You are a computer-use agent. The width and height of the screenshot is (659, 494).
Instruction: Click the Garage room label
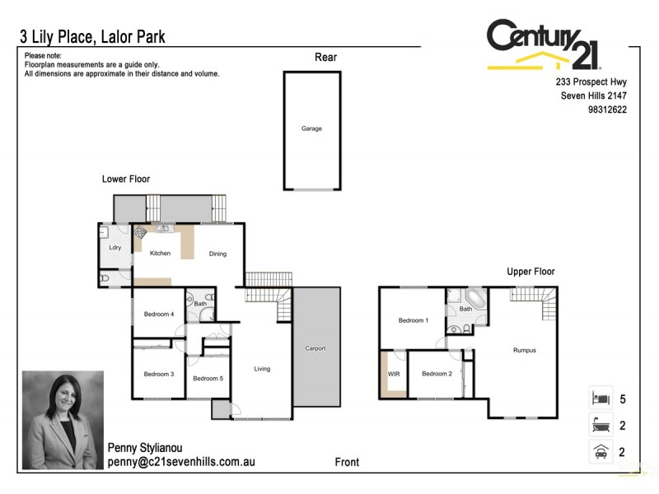pos(311,129)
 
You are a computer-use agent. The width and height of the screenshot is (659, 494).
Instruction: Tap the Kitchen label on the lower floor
pos(160,254)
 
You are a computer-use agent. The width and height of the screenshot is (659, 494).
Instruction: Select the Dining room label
pos(217,254)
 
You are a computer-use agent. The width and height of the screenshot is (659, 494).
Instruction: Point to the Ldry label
pos(115,248)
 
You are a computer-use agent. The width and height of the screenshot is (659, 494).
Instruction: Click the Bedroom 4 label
pos(159,315)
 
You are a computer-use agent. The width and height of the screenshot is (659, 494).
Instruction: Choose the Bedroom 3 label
pos(159,375)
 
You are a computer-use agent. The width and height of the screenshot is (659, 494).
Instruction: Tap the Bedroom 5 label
pos(208,379)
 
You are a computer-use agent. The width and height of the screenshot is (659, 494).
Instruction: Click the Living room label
pos(262,369)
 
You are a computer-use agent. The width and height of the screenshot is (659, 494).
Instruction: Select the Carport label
pos(315,348)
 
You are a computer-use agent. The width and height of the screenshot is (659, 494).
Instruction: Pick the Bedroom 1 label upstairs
pos(413,320)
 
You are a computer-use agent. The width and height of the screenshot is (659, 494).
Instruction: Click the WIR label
pos(393,374)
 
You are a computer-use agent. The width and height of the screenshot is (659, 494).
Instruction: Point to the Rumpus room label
pos(524,351)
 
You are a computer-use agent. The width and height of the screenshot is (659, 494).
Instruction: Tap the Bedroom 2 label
pos(437,374)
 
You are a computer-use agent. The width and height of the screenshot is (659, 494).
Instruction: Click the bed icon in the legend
pos(600,398)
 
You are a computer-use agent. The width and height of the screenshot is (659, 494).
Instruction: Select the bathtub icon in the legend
pos(600,425)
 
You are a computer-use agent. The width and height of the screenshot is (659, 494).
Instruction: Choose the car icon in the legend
pos(600,451)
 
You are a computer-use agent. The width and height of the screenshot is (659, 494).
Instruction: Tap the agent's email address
pos(181,462)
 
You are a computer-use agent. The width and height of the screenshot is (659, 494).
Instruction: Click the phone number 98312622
pos(605,110)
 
